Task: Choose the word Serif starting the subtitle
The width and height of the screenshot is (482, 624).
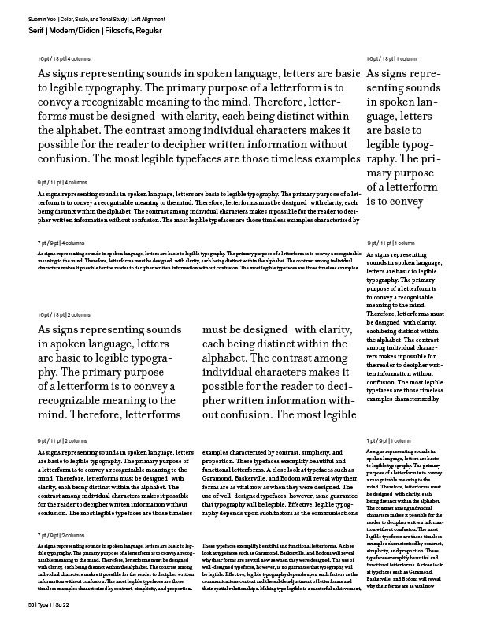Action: pyautogui.click(x=35, y=29)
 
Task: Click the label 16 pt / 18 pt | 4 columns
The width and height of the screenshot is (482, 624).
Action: pyautogui.click(x=63, y=60)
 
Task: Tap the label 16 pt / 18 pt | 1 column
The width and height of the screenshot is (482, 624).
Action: pyautogui.click(x=391, y=60)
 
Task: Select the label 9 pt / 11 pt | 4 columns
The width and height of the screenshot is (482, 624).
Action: pyautogui.click(x=61, y=182)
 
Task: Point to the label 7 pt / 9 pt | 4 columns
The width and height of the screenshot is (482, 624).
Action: pyautogui.click(x=60, y=243)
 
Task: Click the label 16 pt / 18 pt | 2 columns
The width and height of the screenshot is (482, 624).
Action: pyautogui.click(x=63, y=315)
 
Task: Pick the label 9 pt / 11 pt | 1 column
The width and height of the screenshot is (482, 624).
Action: pyautogui.click(x=390, y=243)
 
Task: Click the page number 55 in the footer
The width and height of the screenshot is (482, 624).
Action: pyautogui.click(x=30, y=604)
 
